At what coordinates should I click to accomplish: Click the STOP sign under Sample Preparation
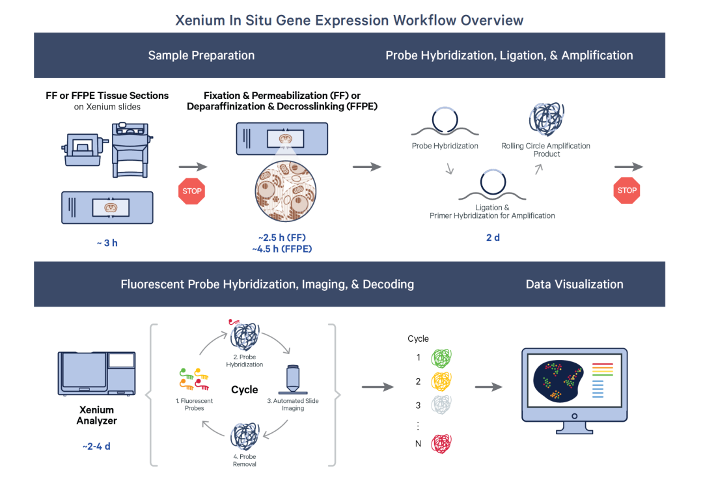pyautogui.click(x=192, y=191)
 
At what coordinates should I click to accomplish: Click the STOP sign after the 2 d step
pyautogui.click(x=627, y=190)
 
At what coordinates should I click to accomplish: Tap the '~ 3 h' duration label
pyautogui.click(x=107, y=243)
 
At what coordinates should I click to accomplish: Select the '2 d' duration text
pyautogui.click(x=493, y=238)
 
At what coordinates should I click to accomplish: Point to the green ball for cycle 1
pyautogui.click(x=441, y=358)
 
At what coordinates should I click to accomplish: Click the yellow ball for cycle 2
pyautogui.click(x=441, y=381)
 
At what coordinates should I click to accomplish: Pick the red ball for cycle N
pyautogui.click(x=441, y=444)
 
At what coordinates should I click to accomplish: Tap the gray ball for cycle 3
pyautogui.click(x=441, y=405)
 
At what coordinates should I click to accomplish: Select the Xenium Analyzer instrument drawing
pyautogui.click(x=96, y=374)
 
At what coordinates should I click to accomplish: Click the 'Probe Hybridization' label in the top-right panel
pyautogui.click(x=445, y=146)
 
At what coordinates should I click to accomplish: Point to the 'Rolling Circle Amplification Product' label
pyautogui.click(x=546, y=150)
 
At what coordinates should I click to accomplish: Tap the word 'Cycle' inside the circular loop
pyautogui.click(x=244, y=390)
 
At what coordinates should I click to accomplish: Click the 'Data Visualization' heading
pyautogui.click(x=574, y=284)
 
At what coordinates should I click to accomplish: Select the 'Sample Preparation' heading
pyautogui.click(x=201, y=55)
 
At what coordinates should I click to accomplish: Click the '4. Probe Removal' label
pyautogui.click(x=244, y=460)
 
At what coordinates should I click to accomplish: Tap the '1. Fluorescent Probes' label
pyautogui.click(x=194, y=404)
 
